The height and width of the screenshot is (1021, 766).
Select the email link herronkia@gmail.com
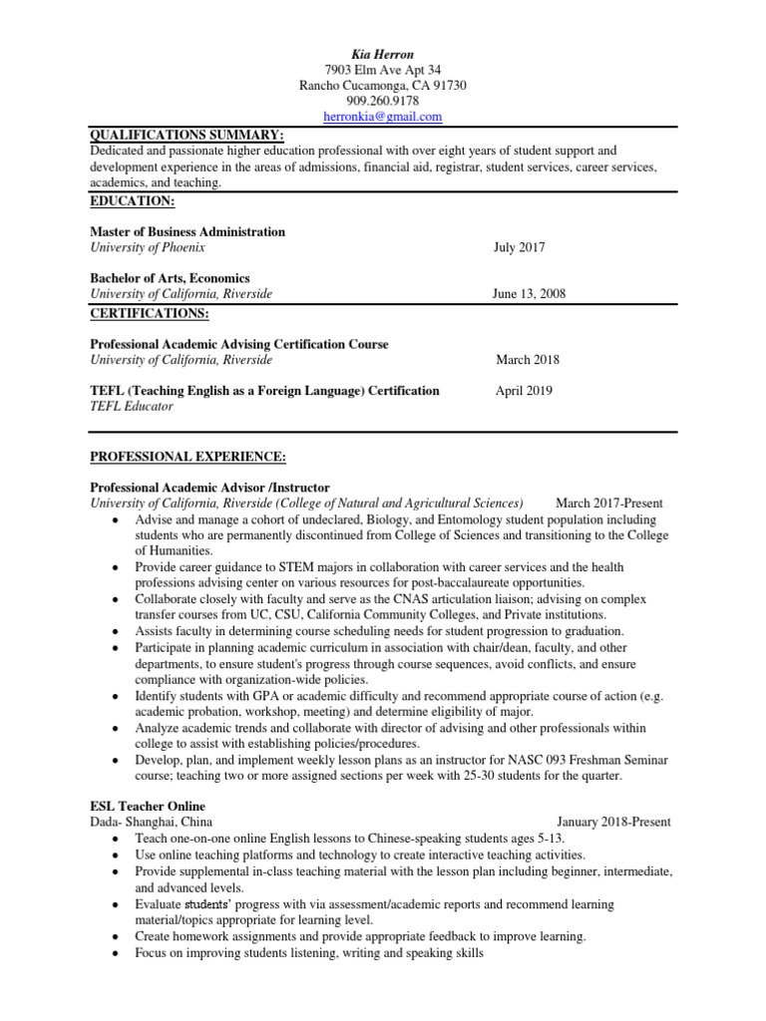pos(383,117)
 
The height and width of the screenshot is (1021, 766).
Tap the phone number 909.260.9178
pos(383,101)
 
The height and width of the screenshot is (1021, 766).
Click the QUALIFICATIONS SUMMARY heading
pos(187,135)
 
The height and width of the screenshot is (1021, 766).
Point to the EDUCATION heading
pos(133,200)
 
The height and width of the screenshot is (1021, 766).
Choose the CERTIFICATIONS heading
pos(150,313)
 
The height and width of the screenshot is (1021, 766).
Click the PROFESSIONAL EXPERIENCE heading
pos(189,457)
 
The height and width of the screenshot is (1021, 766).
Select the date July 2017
pos(520,247)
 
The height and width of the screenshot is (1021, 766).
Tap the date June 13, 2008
pos(530,294)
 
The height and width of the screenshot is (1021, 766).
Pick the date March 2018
pos(529,360)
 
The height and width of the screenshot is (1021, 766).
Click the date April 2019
pos(524,391)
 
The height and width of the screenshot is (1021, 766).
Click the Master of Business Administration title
pos(188,231)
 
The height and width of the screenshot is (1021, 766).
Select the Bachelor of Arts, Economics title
pos(170,278)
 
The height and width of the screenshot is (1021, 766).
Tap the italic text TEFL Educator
pos(132,407)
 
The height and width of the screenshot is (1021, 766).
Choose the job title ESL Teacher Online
pos(149,806)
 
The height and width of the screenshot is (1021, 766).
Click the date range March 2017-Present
pos(608,504)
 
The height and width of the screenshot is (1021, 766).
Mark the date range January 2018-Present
pos(614,822)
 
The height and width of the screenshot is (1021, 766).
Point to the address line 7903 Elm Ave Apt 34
pos(383,69)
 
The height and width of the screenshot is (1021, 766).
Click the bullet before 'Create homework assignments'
pos(120,937)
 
